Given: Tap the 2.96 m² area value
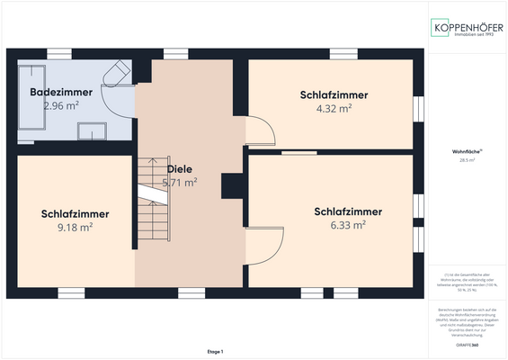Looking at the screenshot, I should (x=61, y=105).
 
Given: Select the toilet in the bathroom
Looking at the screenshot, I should (x=116, y=72).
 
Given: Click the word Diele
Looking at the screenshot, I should (x=180, y=168).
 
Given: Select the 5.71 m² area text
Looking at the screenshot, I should (x=180, y=182).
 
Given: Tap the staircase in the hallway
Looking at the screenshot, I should (x=151, y=202).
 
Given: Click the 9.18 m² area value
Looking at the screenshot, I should (x=75, y=227).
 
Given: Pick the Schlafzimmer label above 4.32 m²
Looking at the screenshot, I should (x=334, y=94).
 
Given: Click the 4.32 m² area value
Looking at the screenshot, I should (x=334, y=108).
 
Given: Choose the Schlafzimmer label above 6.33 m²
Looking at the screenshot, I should (x=348, y=212).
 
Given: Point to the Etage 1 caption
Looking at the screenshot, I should (x=214, y=351).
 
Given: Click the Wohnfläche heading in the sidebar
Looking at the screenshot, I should (x=467, y=152).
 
